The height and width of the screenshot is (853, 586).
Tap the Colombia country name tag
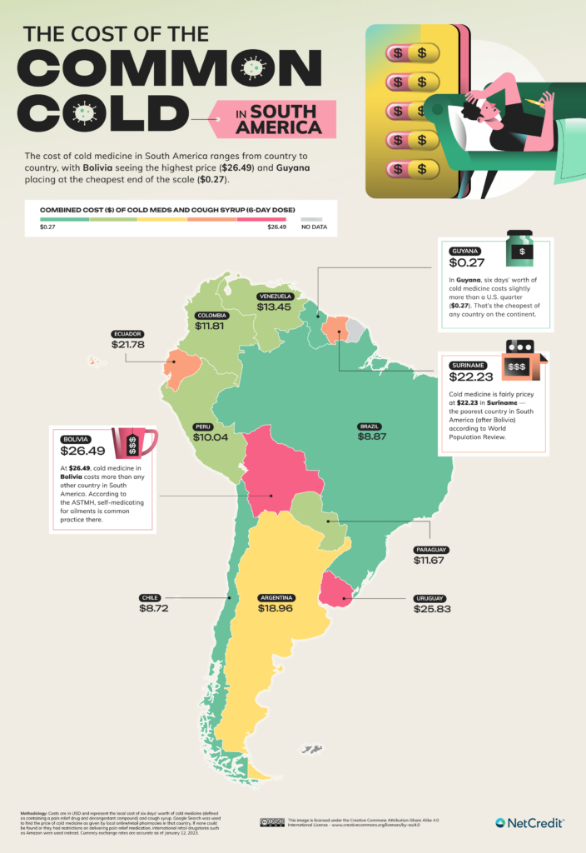(213, 316)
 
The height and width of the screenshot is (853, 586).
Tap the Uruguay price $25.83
(432, 610)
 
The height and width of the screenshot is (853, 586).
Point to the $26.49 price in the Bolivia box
(82, 452)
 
